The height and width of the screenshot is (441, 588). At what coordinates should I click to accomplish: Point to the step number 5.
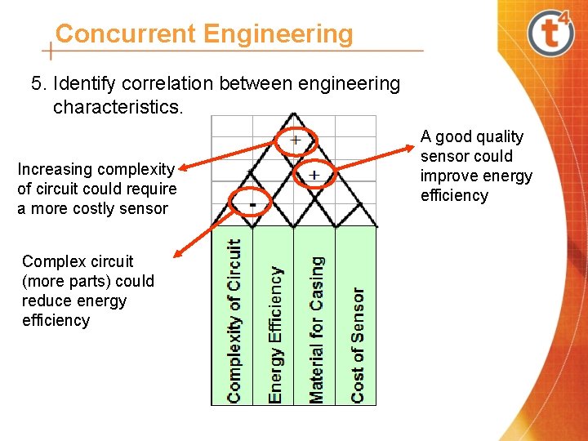click(x=36, y=83)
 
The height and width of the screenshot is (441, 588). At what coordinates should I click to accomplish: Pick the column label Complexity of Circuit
click(x=234, y=320)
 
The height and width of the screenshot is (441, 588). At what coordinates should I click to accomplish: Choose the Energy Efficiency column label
click(x=275, y=334)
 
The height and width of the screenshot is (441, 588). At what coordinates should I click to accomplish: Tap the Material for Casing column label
click(x=316, y=329)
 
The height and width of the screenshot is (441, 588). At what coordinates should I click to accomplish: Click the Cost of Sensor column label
click(x=357, y=344)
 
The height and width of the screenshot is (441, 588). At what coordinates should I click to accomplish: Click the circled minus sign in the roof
click(x=253, y=202)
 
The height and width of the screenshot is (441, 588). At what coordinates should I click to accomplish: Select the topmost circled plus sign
click(x=295, y=140)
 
